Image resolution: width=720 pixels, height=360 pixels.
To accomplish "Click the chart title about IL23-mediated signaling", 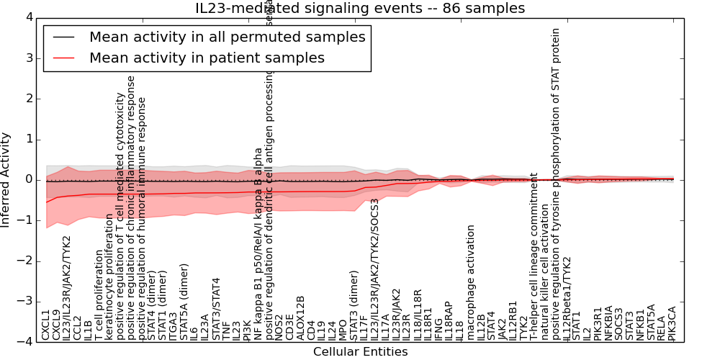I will pos(360,9).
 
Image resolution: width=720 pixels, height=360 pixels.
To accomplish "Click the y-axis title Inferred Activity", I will pos(6,179).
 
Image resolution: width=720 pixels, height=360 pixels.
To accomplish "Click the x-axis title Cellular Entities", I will pos(360,352).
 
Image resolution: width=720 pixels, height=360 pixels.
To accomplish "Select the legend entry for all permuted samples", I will pos(226,37).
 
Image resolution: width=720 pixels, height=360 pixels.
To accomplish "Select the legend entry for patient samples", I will pos(207,58).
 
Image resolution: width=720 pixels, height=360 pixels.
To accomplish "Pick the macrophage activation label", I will pos(471,282).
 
